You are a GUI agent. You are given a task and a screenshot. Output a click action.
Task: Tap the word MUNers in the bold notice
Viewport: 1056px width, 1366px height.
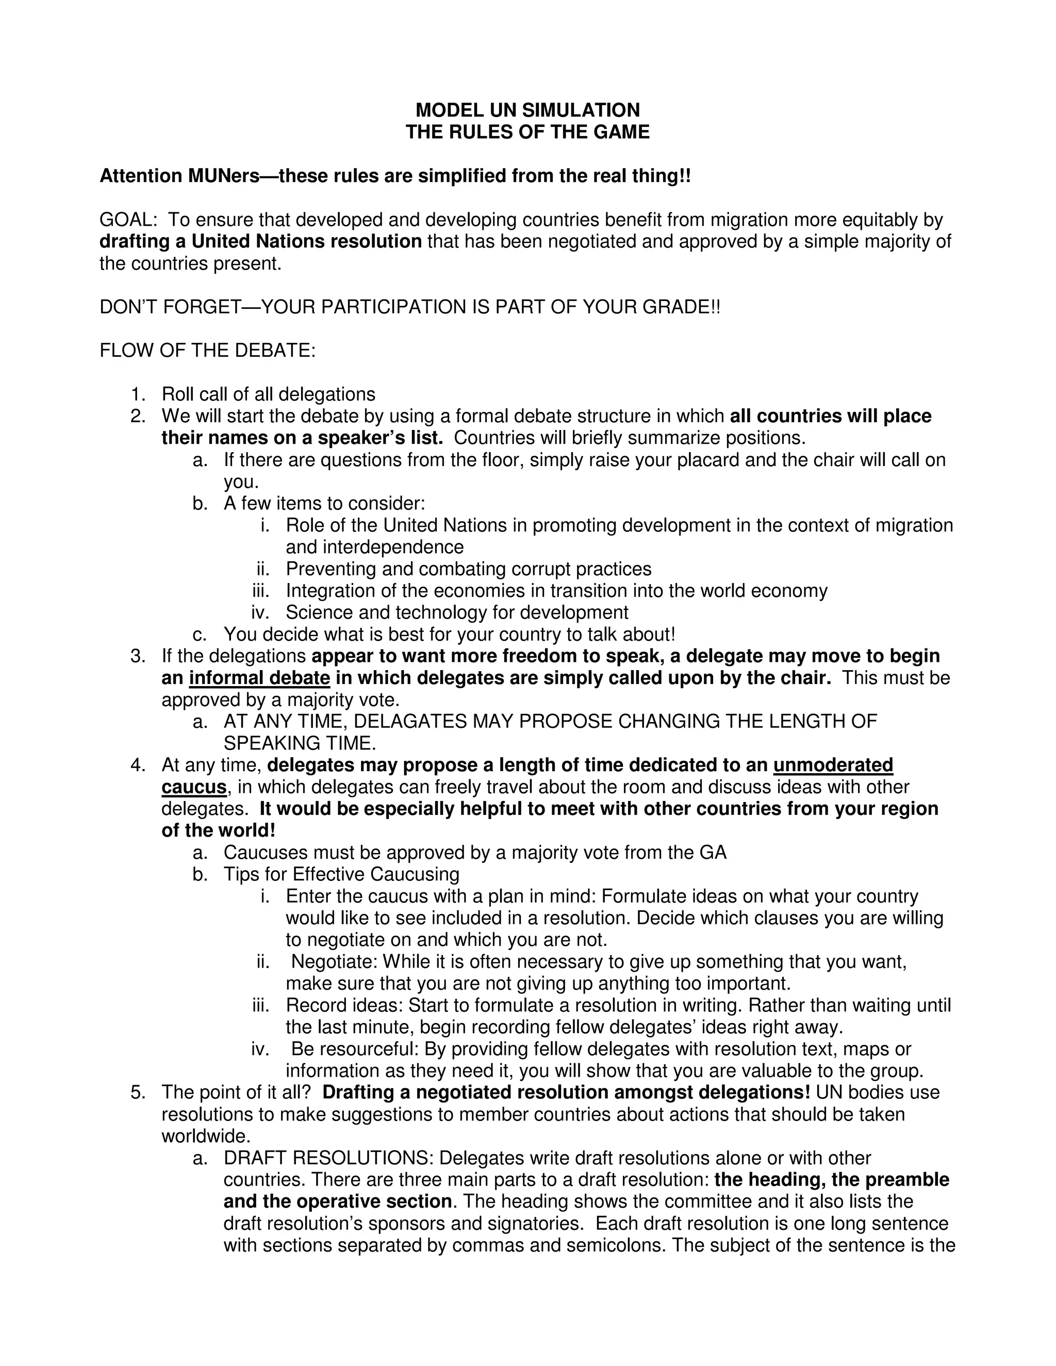tap(223, 176)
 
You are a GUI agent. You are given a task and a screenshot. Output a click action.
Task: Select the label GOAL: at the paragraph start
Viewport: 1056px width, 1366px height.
tap(128, 220)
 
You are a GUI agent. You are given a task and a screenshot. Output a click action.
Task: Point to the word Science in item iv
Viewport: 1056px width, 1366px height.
tap(320, 612)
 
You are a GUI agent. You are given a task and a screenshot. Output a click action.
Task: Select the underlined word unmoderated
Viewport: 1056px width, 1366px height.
tap(833, 765)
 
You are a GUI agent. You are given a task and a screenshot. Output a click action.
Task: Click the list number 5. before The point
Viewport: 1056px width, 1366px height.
tap(138, 1092)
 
